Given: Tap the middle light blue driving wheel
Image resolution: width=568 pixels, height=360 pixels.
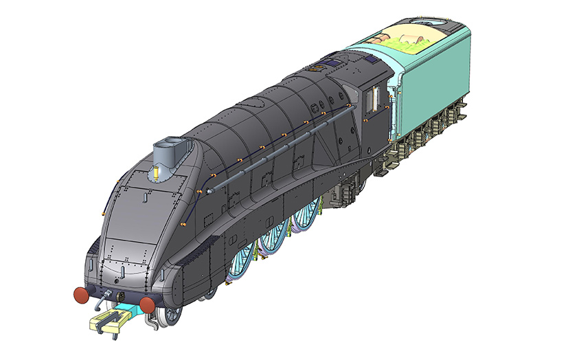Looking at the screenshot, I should point(273,237).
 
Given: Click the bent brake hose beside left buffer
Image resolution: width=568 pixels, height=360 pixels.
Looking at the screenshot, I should point(102,301).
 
